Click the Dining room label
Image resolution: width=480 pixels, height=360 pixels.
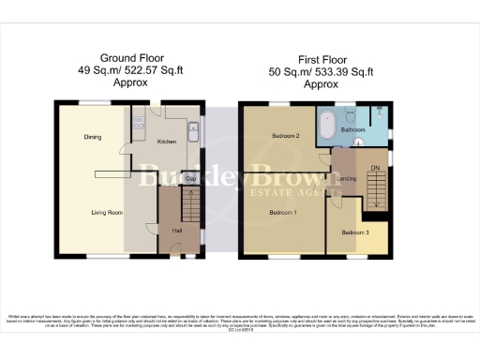(92, 138)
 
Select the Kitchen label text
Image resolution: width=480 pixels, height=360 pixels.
(167, 142)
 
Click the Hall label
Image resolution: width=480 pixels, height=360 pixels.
(175, 231)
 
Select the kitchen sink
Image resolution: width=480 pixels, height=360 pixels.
(191, 132)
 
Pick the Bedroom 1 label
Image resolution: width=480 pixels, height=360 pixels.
(283, 213)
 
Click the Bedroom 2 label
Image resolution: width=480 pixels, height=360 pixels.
(284, 137)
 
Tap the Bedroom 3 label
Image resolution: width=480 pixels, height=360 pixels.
(355, 232)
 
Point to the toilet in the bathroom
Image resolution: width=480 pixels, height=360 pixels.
(362, 142)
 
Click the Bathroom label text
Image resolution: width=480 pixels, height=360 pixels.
(352, 129)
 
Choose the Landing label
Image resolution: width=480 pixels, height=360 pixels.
(346, 179)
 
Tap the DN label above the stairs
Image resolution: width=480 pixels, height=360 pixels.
(376, 169)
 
